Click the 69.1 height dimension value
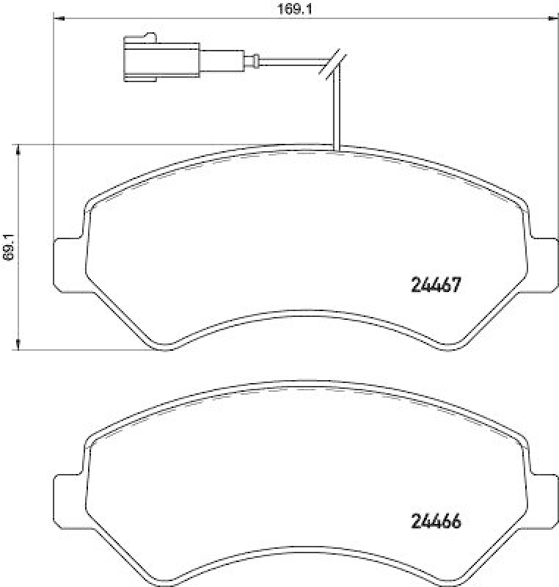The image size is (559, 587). tap(8, 247)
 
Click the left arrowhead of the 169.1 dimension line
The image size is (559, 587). tap(59, 18)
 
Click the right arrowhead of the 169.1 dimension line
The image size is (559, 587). tap(551, 18)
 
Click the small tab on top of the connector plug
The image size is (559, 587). tap(150, 36)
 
